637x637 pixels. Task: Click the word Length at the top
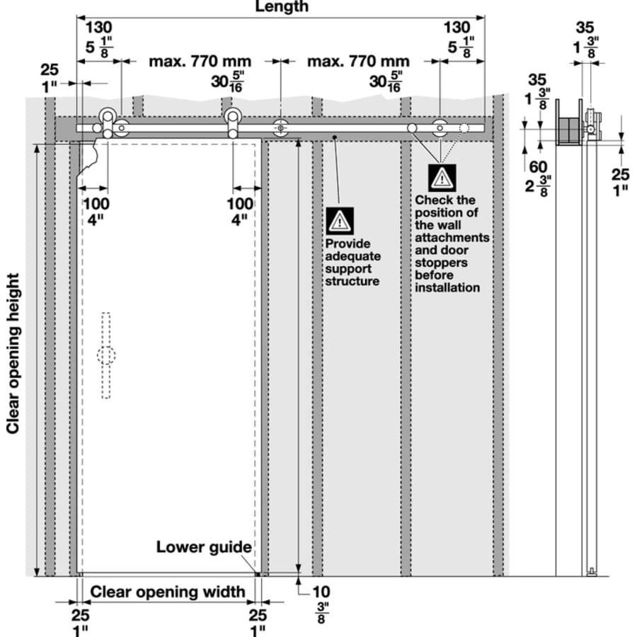click(x=281, y=6)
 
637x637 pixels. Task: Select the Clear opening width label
click(x=168, y=592)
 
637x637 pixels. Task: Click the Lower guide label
click(x=204, y=547)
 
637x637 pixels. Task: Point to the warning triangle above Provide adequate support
click(x=339, y=222)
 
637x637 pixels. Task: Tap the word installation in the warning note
click(x=447, y=287)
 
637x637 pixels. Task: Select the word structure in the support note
click(x=352, y=281)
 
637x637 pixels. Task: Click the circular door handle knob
click(x=106, y=355)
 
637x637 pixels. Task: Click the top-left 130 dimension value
click(x=98, y=28)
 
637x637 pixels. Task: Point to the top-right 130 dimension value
click(x=457, y=28)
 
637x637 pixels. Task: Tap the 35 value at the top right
click(x=585, y=28)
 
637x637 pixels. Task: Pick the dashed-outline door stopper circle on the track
click(x=464, y=128)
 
